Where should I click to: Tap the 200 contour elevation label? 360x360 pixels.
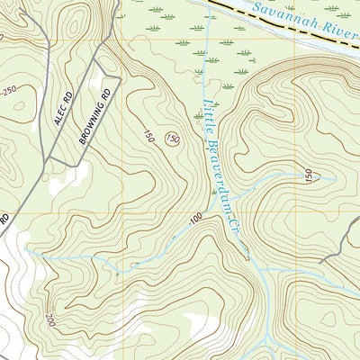point(49,319)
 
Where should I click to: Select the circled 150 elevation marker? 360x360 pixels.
point(172,139)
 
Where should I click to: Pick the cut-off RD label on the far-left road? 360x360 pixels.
point(4,218)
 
